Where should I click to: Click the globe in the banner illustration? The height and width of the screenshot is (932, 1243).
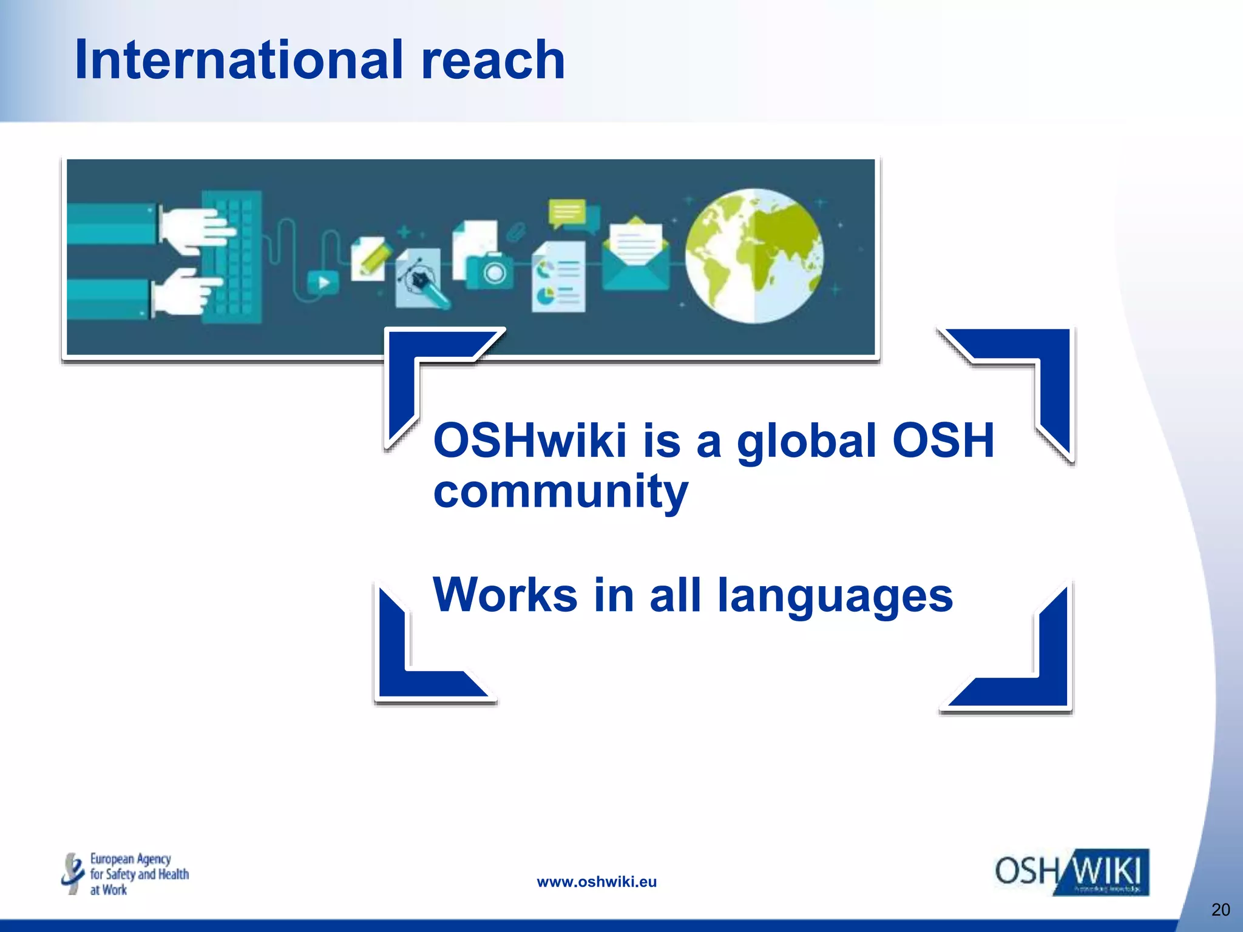pos(754,255)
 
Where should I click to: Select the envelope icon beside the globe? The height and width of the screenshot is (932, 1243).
pos(635,255)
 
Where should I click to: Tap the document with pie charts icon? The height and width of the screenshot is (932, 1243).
pos(559,278)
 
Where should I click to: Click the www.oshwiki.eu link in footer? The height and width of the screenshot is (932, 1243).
pos(597,882)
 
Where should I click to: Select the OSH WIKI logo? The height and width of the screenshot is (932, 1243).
pos(1072,873)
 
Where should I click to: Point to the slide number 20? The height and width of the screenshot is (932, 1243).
pos(1221,910)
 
